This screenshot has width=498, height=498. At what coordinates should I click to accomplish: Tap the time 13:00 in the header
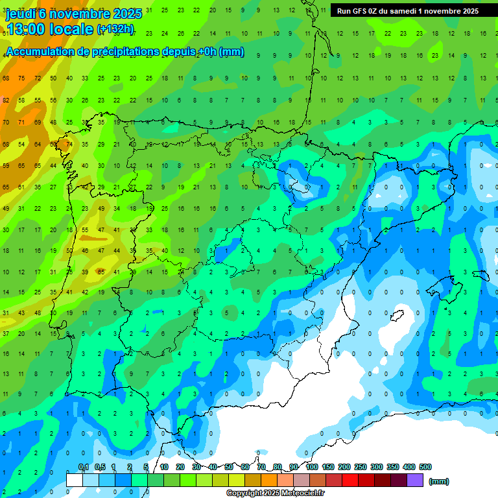[x=28, y=29]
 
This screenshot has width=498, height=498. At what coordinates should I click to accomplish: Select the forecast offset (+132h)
[x=115, y=29]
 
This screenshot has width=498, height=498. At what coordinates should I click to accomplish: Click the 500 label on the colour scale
[x=425, y=468]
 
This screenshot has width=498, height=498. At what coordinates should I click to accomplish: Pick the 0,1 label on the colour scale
[x=83, y=468]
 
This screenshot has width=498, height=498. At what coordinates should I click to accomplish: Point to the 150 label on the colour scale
[x=328, y=468]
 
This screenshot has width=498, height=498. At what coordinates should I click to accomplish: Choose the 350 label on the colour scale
[x=393, y=468]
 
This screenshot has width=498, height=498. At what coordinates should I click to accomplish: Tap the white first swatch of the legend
[x=75, y=480]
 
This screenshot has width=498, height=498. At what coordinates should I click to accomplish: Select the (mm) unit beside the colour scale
[x=438, y=481]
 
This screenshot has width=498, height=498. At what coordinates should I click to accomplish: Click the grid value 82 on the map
[x=6, y=100]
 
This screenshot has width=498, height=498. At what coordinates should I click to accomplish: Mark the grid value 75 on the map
[x=21, y=78]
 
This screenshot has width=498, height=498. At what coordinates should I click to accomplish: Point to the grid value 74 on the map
[x=69, y=144]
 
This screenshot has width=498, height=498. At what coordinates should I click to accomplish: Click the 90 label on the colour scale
[x=294, y=468]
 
